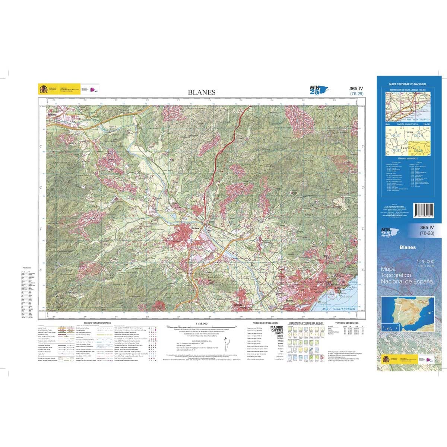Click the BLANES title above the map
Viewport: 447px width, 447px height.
click(x=202, y=92)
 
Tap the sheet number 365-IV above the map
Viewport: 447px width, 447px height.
click(x=356, y=88)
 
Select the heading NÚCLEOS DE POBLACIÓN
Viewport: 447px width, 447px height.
click(x=265, y=323)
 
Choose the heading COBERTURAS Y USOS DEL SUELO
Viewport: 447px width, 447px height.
click(x=306, y=323)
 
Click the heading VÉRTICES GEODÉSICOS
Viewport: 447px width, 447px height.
click(x=346, y=323)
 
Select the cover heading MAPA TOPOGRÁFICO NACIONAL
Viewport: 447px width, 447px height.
click(x=408, y=85)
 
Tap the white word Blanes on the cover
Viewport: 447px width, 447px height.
click(x=408, y=247)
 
